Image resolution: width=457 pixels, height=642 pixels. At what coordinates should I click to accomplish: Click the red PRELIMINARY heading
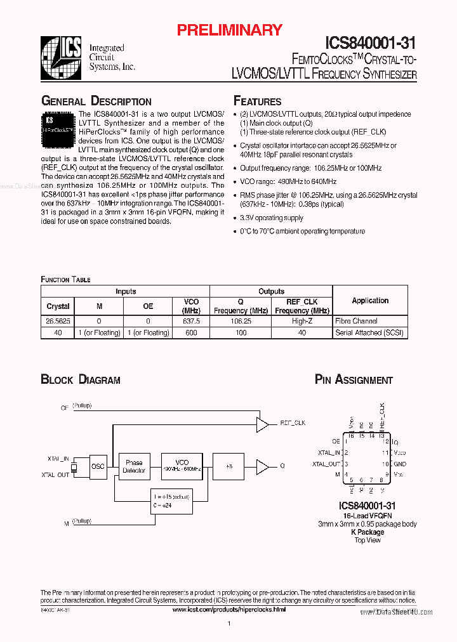229,30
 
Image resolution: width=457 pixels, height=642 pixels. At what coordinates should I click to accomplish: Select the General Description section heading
96,102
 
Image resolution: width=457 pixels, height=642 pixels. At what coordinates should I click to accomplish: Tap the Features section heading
257,102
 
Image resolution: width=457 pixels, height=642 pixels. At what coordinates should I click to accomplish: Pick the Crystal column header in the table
58,306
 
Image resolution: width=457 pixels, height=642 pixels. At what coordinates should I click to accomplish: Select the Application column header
370,301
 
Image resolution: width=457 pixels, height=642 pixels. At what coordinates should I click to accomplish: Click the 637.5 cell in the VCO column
191,322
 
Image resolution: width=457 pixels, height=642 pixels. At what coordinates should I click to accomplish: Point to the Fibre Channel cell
356,322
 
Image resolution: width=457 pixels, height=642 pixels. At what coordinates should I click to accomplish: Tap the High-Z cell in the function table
301,322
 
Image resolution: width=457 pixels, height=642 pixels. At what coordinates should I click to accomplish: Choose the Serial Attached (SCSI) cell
369,332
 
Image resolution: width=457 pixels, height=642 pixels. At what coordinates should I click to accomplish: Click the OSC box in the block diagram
98,467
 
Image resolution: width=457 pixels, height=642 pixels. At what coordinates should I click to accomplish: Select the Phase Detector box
134,467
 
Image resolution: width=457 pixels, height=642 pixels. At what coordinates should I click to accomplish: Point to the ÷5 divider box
228,467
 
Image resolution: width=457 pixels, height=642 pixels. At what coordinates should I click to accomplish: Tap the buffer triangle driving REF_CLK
262,424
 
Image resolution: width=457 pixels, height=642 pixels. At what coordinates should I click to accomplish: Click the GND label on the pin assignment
399,464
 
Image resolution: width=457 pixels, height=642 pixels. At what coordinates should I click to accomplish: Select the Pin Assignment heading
354,380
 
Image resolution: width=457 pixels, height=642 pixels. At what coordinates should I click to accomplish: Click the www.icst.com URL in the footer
229,610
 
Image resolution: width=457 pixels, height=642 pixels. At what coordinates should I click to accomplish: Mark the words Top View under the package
367,540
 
